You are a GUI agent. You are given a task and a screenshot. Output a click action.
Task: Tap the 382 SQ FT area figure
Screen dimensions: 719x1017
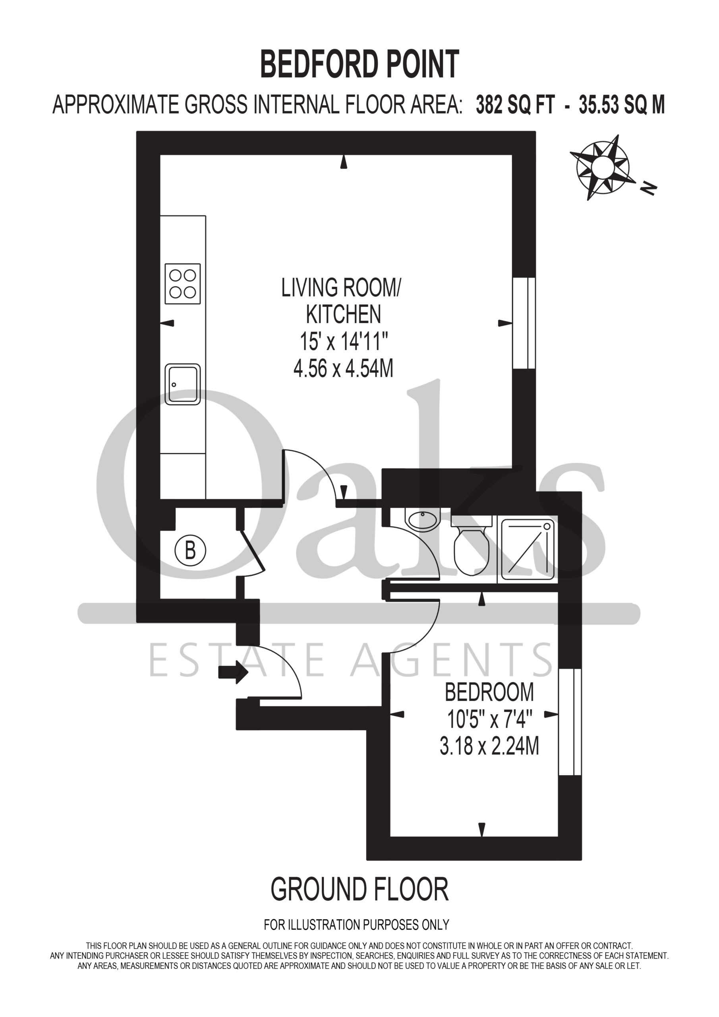[515, 105]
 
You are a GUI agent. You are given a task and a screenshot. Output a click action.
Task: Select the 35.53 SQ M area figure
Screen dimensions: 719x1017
[622, 105]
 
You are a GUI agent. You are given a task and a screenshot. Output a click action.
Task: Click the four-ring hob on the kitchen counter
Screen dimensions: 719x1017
[182, 284]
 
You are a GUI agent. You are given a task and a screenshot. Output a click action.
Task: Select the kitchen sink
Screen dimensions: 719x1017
[182, 385]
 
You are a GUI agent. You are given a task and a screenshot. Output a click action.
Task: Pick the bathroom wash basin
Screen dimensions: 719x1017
[423, 520]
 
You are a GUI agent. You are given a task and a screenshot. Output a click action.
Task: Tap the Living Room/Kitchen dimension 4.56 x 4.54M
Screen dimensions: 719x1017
[343, 368]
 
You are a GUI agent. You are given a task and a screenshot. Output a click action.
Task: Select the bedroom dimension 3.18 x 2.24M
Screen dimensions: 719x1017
[489, 746]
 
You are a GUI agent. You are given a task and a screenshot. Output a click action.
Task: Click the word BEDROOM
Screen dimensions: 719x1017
[489, 692]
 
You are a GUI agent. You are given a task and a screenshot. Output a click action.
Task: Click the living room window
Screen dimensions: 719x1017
[524, 323]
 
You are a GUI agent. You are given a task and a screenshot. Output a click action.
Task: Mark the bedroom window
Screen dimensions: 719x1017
[570, 722]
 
